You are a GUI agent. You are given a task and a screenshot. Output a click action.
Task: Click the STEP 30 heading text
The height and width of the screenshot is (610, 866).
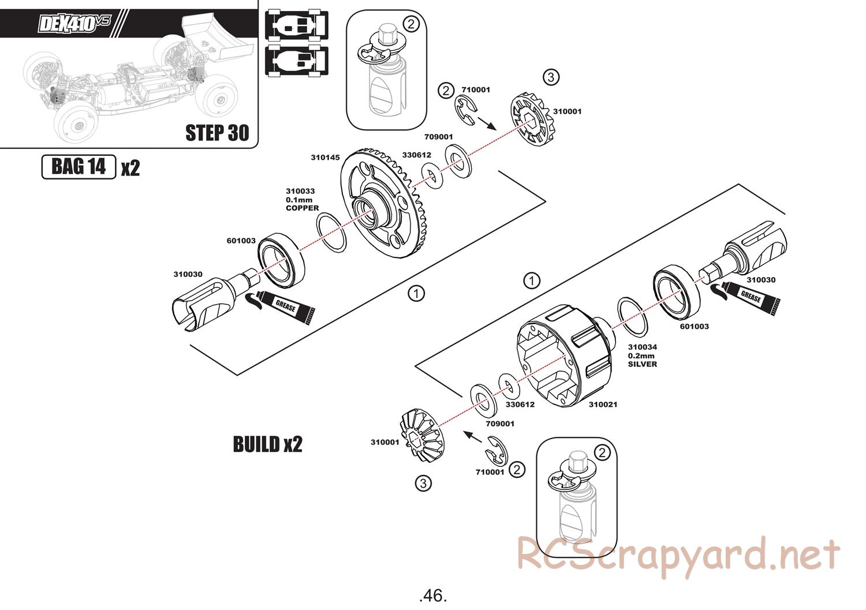coord(217,133)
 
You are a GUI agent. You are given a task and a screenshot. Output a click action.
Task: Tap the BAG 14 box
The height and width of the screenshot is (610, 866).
coord(79,167)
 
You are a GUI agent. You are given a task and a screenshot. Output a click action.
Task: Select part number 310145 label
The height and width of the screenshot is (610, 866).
coord(325,158)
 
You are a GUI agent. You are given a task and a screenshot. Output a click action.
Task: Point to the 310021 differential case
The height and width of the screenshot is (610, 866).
coord(565,355)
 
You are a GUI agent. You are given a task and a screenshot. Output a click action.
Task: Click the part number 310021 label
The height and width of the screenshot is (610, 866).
coord(603,405)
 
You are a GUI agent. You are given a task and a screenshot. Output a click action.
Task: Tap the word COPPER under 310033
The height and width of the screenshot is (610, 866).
coord(303,208)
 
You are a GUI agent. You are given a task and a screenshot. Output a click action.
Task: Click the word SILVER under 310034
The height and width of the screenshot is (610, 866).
coord(642,364)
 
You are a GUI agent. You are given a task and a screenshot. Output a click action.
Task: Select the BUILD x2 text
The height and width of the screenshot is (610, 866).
coord(267,444)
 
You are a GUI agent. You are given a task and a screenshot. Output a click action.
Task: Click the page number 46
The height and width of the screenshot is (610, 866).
coord(433,596)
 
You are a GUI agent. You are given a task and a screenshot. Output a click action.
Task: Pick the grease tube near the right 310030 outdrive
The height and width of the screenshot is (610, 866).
coord(745,297)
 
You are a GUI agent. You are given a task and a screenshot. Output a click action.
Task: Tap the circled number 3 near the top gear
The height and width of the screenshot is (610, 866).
coord(551,77)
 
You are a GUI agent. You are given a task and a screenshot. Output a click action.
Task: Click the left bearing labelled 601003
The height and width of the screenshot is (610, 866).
coord(281,260)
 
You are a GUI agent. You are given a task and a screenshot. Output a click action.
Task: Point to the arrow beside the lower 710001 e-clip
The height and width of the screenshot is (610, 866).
coord(473,437)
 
